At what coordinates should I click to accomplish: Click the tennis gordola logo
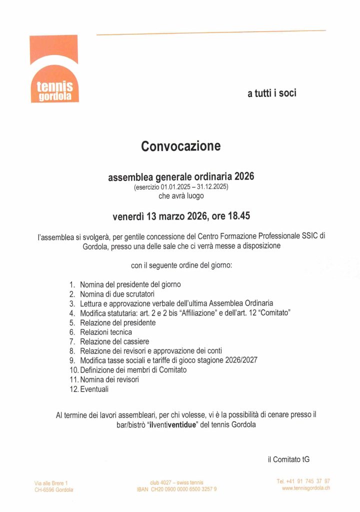pos(54,69)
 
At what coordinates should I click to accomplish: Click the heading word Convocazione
pos(180,146)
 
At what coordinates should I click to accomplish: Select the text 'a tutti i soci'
pos(271,93)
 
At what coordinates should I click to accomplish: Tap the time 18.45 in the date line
pos(239,216)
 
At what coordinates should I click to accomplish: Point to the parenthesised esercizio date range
pos(181,187)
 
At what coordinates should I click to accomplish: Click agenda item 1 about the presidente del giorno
pos(130,284)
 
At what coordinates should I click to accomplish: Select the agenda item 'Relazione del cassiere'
pos(114,341)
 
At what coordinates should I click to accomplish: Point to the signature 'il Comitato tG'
pos(288,459)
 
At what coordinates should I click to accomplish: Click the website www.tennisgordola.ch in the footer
pos(306,488)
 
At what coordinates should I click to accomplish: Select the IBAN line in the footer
pos(176,489)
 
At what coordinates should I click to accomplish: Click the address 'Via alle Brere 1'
pos(51,483)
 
